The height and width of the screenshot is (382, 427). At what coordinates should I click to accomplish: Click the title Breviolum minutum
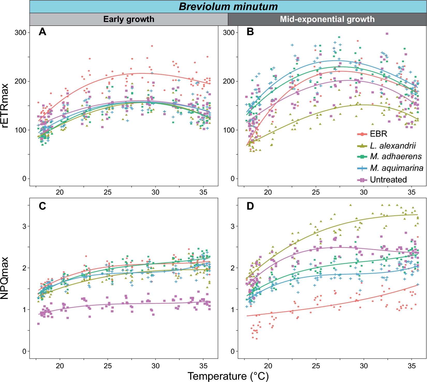[228, 6]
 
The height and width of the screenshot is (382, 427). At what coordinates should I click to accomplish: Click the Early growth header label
[129, 19]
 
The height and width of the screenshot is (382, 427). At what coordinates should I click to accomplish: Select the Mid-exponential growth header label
[327, 19]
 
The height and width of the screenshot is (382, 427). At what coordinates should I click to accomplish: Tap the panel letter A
[42, 32]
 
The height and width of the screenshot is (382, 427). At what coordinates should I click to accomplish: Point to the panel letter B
[250, 32]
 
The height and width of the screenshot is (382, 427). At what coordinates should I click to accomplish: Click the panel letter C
[42, 206]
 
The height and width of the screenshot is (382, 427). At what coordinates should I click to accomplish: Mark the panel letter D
[250, 206]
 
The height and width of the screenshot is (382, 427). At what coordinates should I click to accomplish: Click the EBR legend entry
[378, 134]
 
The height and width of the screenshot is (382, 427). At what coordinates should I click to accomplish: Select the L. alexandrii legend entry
[393, 146]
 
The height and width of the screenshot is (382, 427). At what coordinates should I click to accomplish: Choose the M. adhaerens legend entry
[396, 157]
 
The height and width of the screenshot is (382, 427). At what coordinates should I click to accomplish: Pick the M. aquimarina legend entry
[396, 168]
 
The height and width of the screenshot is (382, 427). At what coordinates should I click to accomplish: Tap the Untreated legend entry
[388, 180]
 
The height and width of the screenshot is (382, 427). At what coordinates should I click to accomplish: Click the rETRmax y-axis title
[5, 106]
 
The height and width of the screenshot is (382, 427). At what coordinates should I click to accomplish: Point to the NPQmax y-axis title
[5, 278]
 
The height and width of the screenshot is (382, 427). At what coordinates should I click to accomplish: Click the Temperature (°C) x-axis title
[228, 376]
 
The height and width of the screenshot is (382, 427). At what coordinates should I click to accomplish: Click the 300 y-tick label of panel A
[20, 33]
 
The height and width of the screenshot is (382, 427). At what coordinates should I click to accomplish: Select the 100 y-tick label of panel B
[229, 130]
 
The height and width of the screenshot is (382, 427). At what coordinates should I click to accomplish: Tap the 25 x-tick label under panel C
[108, 366]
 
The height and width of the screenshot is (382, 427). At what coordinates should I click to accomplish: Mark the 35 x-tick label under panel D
[411, 366]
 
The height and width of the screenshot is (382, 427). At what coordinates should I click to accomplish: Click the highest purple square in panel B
[387, 34]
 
